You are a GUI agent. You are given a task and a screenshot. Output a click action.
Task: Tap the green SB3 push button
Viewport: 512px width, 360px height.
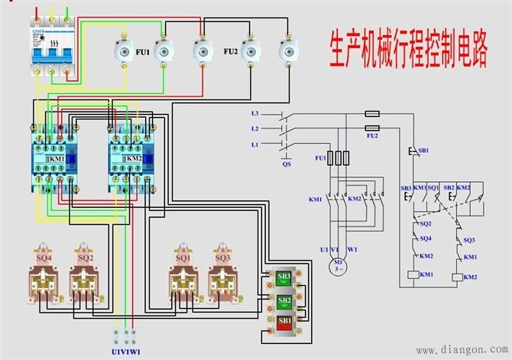pyautogui.click(x=284, y=277)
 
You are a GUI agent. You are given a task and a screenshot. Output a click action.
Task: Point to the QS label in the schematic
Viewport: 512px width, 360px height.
pyautogui.click(x=287, y=164)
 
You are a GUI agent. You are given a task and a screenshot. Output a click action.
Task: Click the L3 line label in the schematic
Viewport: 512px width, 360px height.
pyautogui.click(x=255, y=113)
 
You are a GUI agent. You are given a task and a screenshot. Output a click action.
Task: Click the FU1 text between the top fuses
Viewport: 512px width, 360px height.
pyautogui.click(x=143, y=51)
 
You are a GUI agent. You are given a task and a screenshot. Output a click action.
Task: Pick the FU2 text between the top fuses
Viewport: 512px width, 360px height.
pyautogui.click(x=231, y=51)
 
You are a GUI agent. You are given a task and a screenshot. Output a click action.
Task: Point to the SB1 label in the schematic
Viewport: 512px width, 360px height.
pyautogui.click(x=423, y=151)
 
